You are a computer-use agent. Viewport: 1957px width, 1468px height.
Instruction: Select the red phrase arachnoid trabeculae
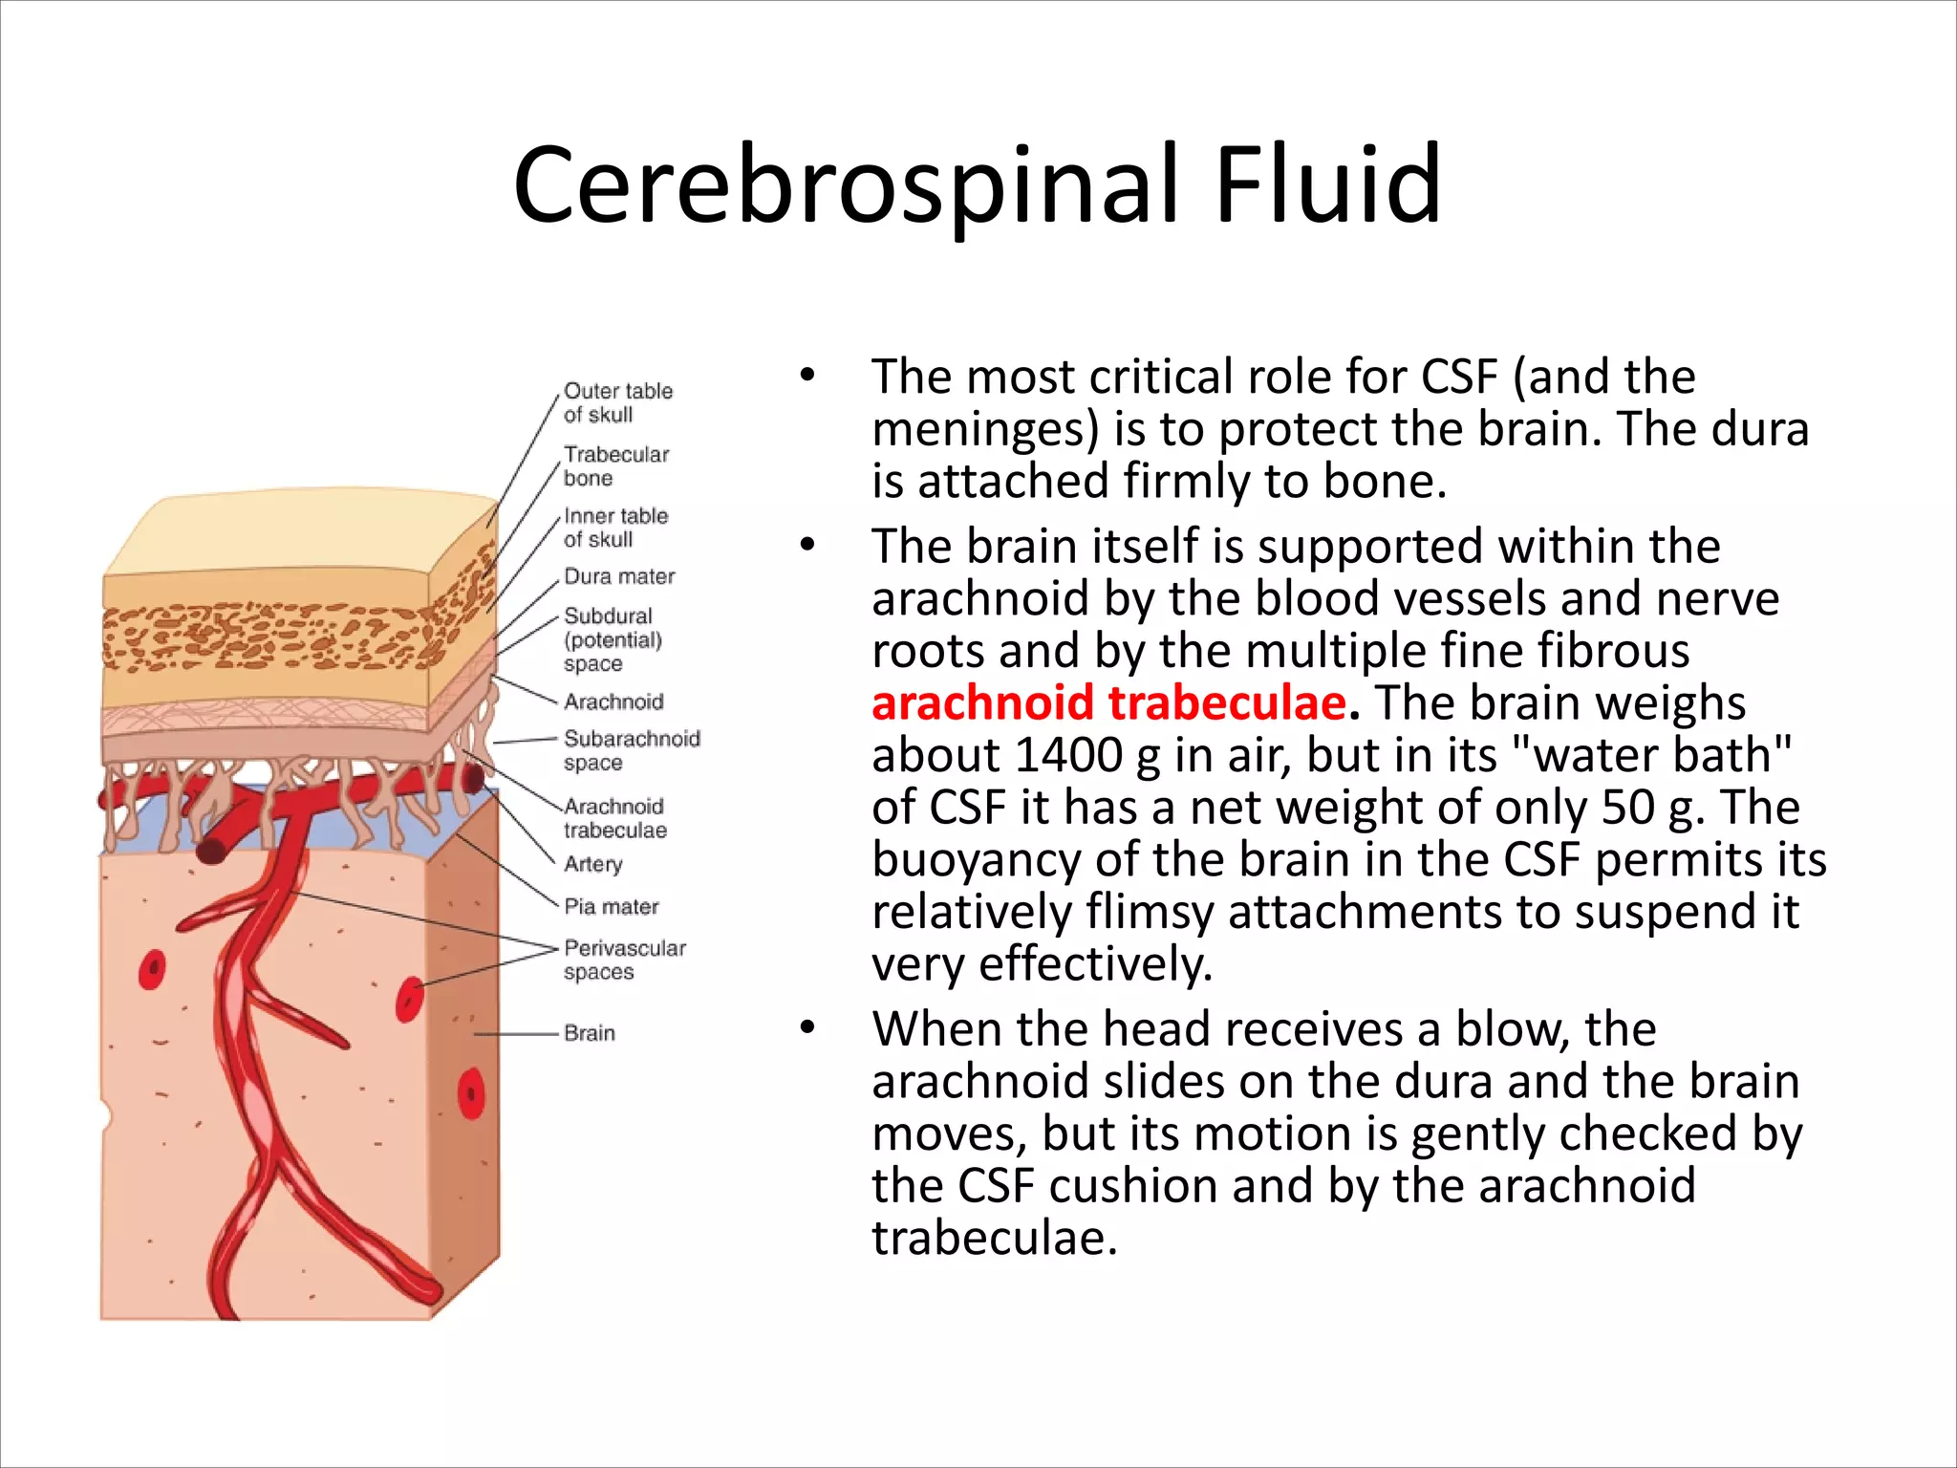point(1109,702)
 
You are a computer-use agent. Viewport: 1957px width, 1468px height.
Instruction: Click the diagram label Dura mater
point(619,576)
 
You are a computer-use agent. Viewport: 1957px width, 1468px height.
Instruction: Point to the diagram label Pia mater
point(611,906)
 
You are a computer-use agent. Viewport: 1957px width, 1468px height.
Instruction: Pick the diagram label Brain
point(590,1033)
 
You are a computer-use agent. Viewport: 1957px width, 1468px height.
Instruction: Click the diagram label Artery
point(592,864)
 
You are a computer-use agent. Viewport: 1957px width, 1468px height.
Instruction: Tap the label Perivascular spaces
point(624,960)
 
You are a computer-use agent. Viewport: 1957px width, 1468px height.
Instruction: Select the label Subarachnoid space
point(631,750)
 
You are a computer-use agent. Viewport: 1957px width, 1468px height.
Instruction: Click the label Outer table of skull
point(617,402)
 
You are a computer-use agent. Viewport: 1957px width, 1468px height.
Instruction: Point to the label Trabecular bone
point(615,465)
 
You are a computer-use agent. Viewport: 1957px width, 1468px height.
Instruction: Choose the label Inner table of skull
point(615,528)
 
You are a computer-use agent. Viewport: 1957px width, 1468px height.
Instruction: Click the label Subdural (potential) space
point(612,639)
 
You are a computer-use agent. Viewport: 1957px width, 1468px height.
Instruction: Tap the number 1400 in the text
point(1068,755)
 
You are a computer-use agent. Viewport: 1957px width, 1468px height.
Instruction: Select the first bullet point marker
point(807,376)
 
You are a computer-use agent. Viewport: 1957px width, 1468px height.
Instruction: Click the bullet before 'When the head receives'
point(807,1028)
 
